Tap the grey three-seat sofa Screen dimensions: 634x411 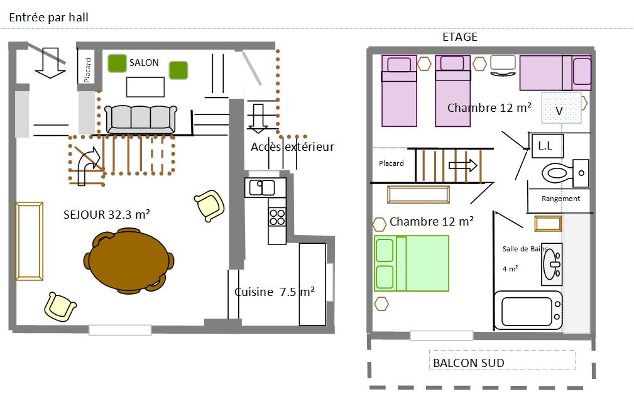point(141,119)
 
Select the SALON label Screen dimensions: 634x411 point(144,63)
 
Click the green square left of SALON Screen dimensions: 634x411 point(118,63)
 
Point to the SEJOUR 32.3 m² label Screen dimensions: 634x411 point(107,214)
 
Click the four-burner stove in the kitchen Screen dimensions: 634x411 point(277,217)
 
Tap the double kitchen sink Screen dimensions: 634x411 point(262,188)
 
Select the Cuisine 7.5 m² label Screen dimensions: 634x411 point(275,292)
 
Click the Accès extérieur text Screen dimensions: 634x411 point(292,146)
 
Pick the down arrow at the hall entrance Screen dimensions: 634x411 point(50,63)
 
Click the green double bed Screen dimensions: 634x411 point(412,263)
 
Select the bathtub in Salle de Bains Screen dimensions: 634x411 point(528,310)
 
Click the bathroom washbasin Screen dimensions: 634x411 point(552,265)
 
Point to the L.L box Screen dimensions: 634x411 point(546,146)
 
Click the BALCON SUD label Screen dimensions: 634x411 point(469,363)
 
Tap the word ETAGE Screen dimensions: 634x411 point(460,37)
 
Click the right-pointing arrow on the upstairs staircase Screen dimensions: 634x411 point(463,165)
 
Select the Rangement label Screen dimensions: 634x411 point(561,199)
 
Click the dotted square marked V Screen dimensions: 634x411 point(562,108)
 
